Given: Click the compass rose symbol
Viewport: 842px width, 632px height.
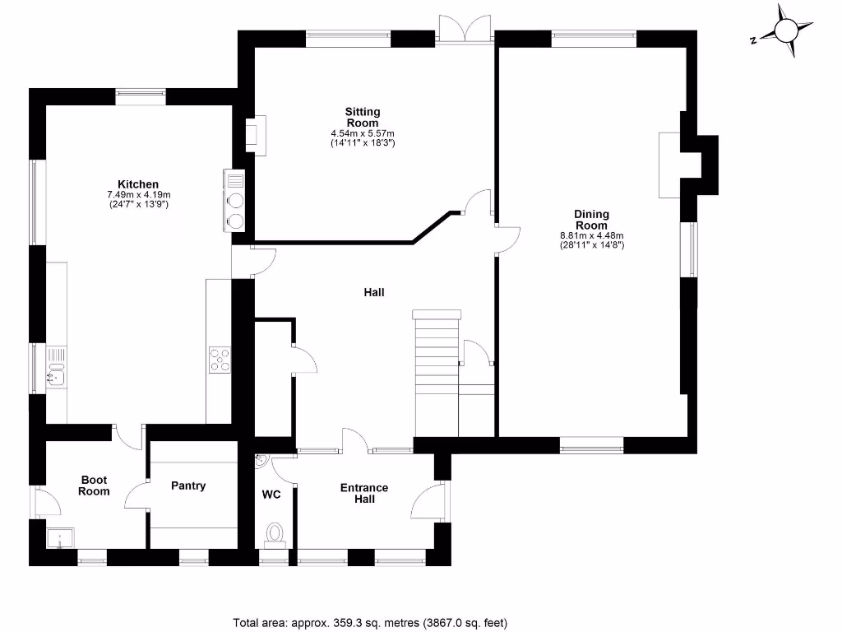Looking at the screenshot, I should point(785,31).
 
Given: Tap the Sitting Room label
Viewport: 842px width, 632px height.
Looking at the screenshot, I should point(363,117).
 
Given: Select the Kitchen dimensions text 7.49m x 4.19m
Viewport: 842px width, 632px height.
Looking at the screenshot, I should point(137,194).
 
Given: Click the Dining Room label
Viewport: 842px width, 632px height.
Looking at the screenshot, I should point(591,220).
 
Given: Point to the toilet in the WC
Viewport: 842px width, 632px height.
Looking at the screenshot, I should point(275,534).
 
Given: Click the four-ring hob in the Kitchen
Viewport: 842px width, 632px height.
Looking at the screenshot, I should point(220,360).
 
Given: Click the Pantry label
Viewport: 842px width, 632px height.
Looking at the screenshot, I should point(188,486).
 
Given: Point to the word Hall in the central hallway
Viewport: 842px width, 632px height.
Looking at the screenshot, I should point(374,292).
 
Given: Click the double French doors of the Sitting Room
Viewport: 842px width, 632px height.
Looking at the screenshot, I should point(465,29).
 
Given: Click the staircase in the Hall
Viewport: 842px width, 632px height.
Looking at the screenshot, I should point(436,370).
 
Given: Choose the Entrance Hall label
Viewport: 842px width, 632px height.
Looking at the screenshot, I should point(364,493).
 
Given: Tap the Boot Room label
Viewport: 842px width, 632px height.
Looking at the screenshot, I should point(94,486).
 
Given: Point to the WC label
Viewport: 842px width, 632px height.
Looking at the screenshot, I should point(271,495).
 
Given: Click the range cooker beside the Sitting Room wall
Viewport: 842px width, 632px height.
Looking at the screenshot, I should point(234,200).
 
